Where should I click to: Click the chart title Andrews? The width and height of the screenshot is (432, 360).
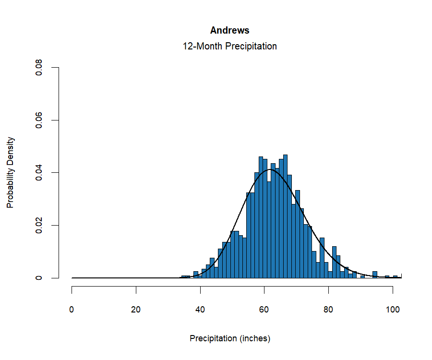pyautogui.click(x=229, y=30)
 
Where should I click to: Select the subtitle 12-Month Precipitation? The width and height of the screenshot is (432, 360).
pyautogui.click(x=229, y=47)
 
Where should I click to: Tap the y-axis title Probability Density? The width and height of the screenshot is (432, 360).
pyautogui.click(x=11, y=173)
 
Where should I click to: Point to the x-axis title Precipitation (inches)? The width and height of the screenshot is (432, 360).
pyautogui.click(x=230, y=338)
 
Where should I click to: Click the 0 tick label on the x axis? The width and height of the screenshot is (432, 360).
pyautogui.click(x=72, y=310)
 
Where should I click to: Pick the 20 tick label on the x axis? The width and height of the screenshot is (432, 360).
pyautogui.click(x=136, y=310)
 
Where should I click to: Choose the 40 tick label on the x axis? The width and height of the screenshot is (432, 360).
pyautogui.click(x=200, y=310)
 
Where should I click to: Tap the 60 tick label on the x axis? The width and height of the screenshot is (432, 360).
pyautogui.click(x=264, y=310)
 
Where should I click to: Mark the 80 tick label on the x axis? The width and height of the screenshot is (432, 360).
pyautogui.click(x=328, y=310)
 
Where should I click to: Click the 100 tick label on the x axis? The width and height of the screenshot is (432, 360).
pyautogui.click(x=393, y=310)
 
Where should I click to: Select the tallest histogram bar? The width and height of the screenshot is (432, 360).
pyautogui.click(x=285, y=216)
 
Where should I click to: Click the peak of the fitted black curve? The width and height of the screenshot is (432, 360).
pyautogui.click(x=270, y=169)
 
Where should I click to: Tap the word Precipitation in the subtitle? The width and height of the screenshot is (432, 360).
pyautogui.click(x=250, y=47)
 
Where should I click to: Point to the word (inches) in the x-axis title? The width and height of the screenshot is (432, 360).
pyautogui.click(x=255, y=338)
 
